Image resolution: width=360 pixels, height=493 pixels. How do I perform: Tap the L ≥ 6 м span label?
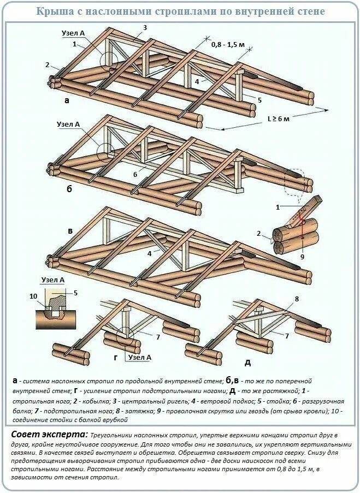(x=279, y=117)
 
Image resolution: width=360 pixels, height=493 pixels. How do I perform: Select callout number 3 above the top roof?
(x=145, y=27)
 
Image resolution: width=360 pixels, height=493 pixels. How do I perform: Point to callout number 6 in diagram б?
(x=135, y=175)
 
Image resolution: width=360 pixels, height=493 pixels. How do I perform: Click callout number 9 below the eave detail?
(x=302, y=257)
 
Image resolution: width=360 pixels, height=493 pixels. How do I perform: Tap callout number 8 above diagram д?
(x=297, y=299)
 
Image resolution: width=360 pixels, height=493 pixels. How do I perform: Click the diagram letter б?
(x=69, y=189)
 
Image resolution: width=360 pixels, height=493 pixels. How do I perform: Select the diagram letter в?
(x=70, y=231)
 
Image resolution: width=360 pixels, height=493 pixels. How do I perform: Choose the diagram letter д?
(x=247, y=362)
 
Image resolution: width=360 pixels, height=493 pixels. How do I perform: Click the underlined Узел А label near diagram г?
(x=140, y=357)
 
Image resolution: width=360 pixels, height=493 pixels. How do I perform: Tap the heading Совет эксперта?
(x=49, y=434)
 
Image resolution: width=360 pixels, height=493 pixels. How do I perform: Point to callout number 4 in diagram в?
(x=149, y=253)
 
